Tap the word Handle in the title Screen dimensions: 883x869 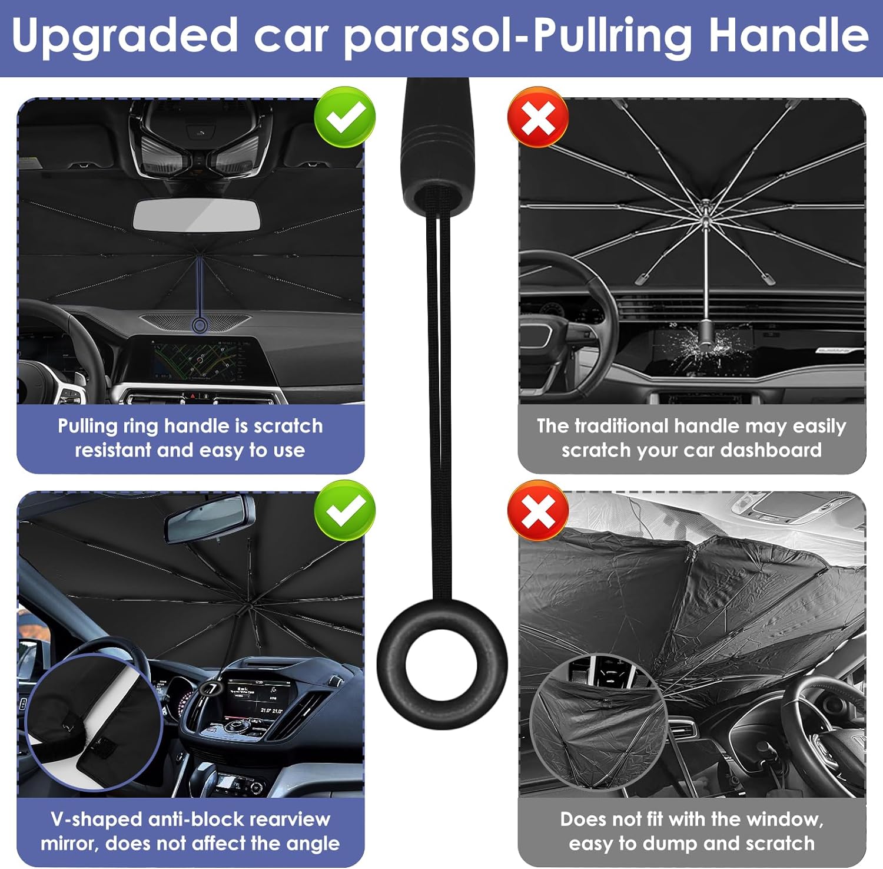(789, 35)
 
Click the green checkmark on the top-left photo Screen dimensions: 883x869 (344, 117)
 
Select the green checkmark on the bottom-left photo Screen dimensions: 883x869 (344, 510)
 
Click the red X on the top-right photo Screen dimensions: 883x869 (538, 117)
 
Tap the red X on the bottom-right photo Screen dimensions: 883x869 (538, 510)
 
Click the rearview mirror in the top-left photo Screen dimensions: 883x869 (197, 216)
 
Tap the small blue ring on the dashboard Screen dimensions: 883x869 (200, 325)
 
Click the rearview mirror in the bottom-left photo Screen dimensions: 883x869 (210, 519)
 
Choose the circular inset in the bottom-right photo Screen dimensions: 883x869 (598, 721)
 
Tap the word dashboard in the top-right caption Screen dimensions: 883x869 (771, 450)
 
